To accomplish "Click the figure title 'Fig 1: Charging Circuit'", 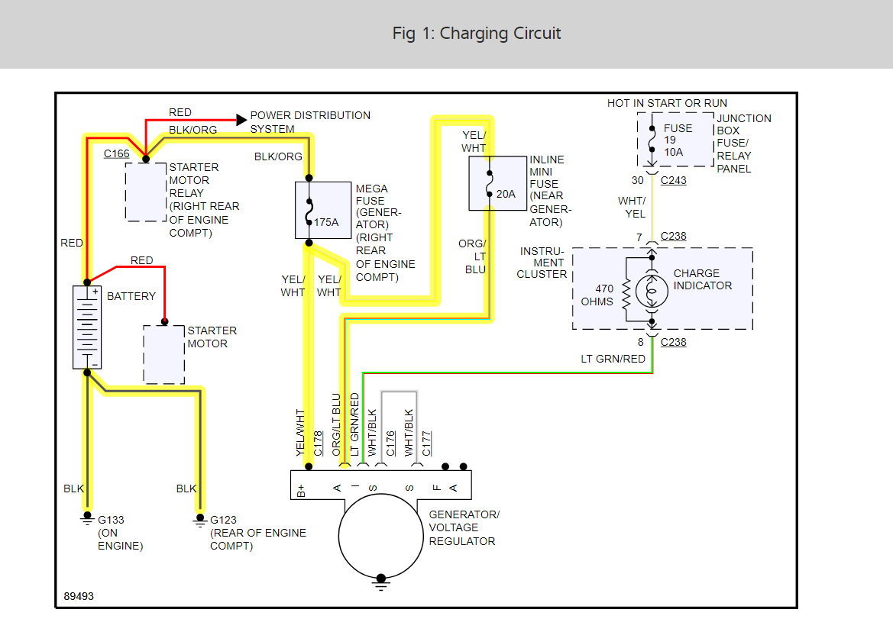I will pos(477,34).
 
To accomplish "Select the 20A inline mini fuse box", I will pos(497,183).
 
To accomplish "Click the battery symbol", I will pos(87,327).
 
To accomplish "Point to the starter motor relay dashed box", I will pos(146,192).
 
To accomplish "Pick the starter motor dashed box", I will pos(163,354).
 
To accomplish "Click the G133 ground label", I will pos(111,520).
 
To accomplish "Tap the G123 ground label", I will pos(223,520).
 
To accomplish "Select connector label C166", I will pos(117,154).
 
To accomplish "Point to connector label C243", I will pos(674,181).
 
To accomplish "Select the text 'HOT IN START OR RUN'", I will pos(667,103).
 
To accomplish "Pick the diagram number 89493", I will pos(79,596).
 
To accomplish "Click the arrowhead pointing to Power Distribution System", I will pos(241,119).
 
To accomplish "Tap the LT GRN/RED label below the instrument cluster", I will pos(613,359).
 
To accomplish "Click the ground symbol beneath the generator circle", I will pos(380,585).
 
